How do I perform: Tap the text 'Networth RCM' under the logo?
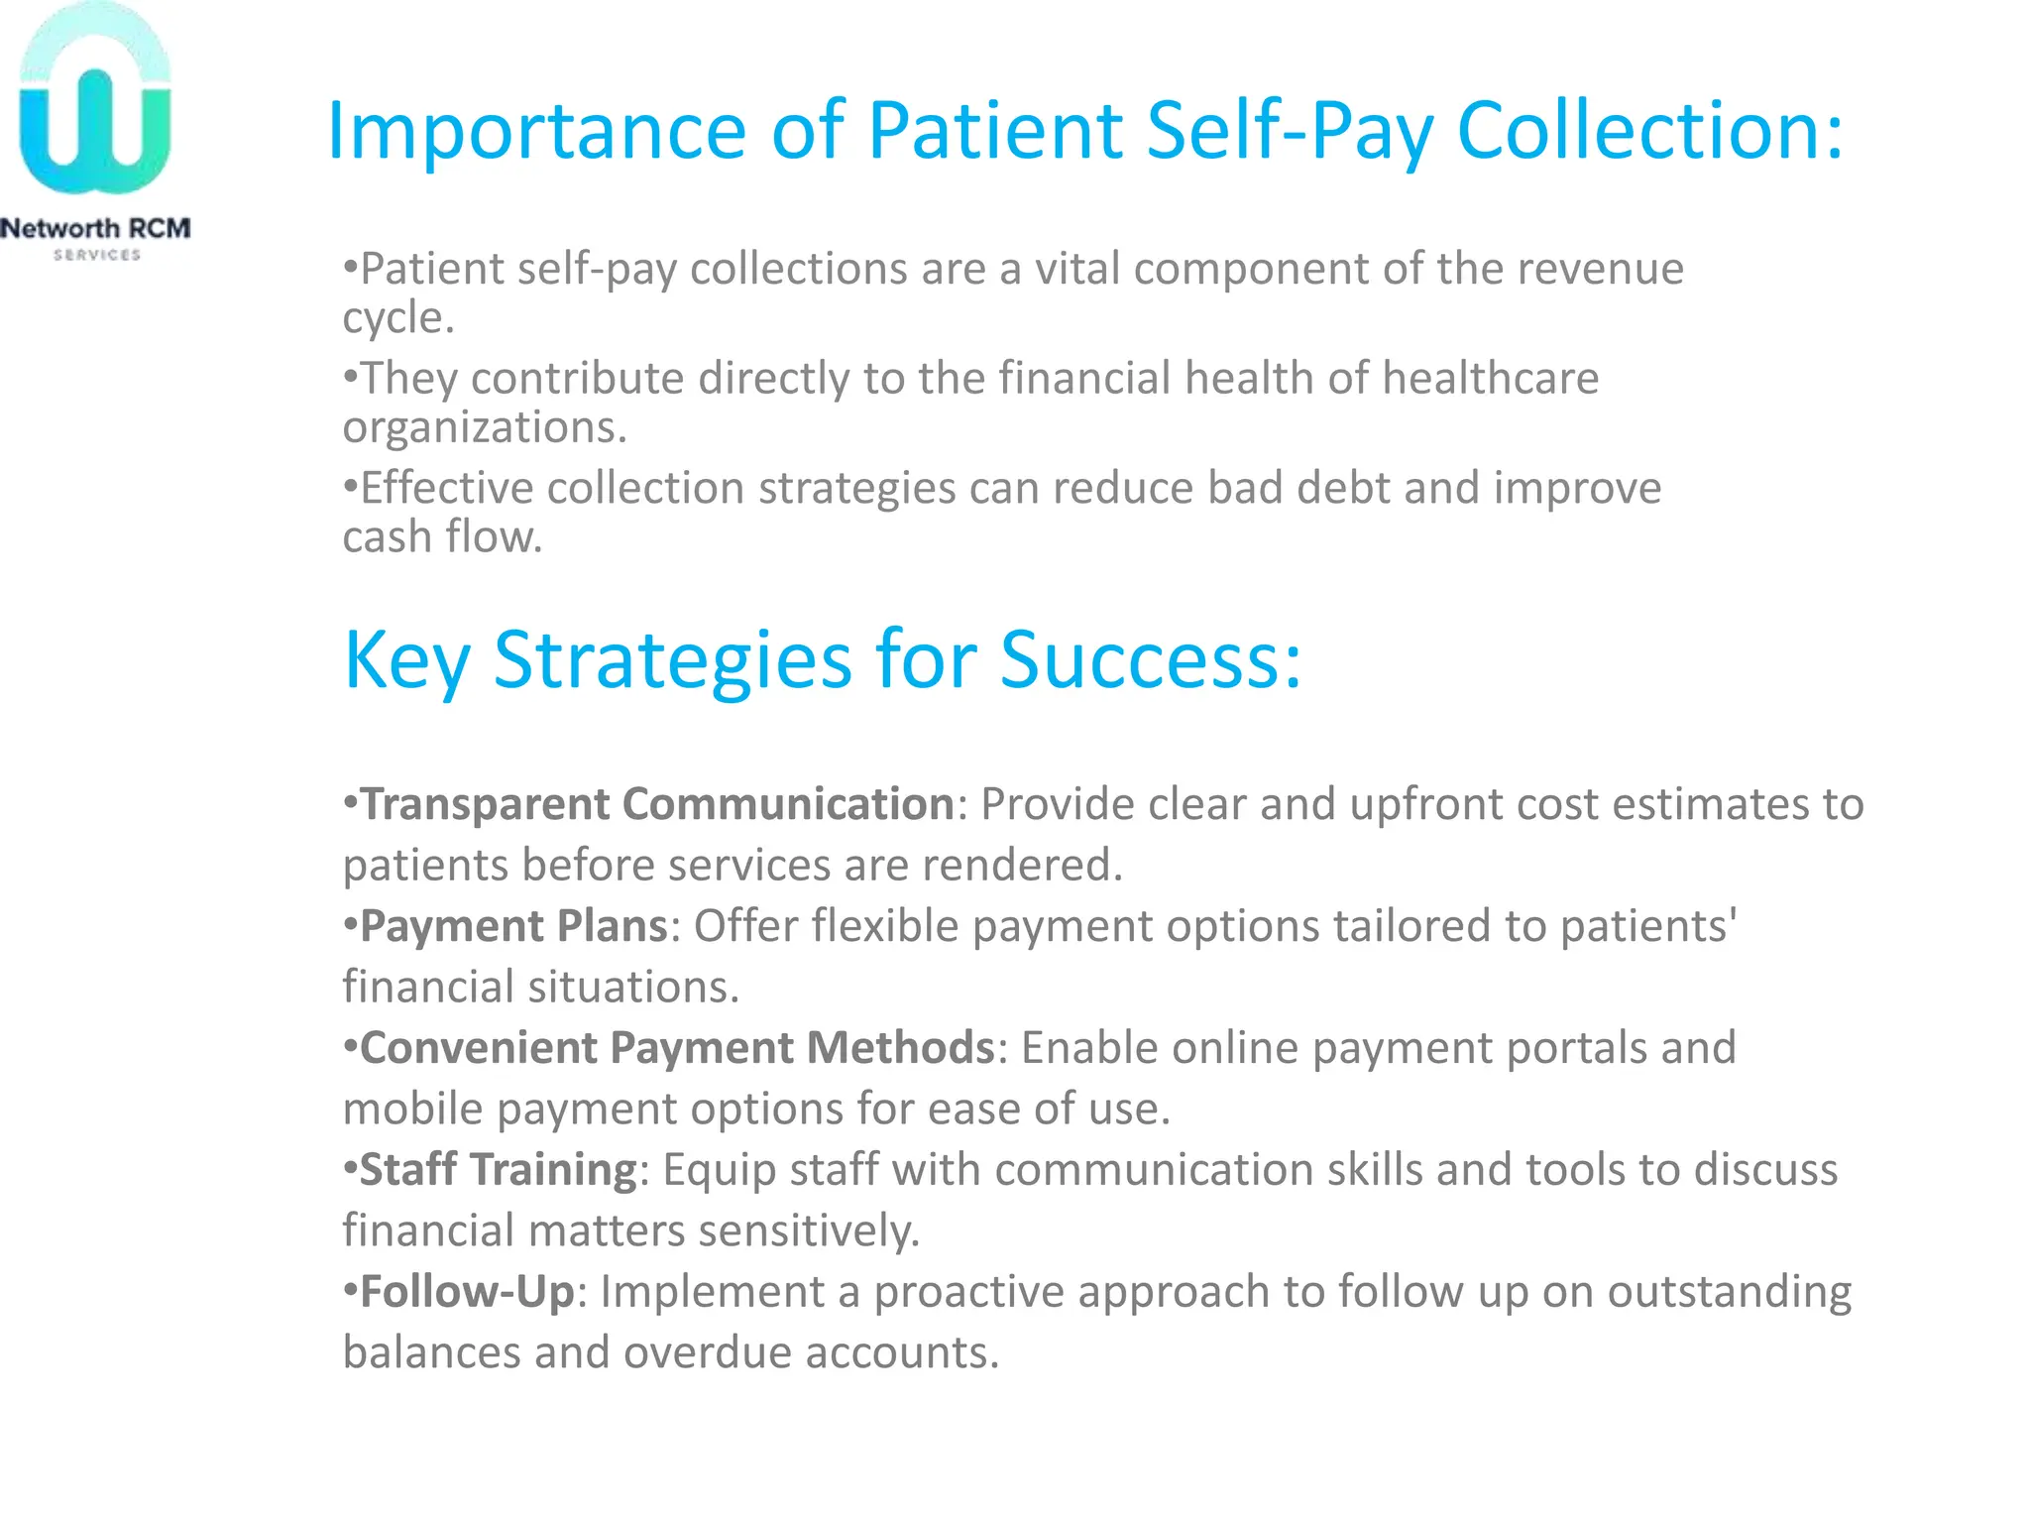pos(95,229)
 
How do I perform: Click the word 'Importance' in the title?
pos(535,131)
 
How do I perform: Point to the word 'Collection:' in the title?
pos(1650,131)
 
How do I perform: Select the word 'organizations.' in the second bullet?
pos(485,427)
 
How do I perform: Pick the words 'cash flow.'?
pos(442,537)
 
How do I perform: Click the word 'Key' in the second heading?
pos(406,660)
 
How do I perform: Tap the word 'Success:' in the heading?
pos(1150,660)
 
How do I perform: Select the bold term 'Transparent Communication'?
pos(656,804)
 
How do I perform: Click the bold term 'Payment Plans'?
pos(513,926)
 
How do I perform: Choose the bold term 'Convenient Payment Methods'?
pos(676,1048)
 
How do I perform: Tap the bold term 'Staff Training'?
pos(498,1170)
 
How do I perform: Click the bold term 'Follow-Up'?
pos(467,1292)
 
